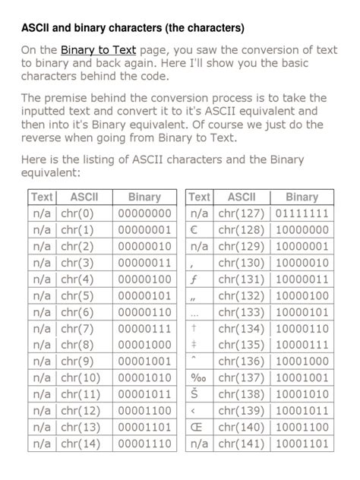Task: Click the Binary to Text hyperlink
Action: [x=98, y=51]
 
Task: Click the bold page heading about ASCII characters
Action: [x=133, y=28]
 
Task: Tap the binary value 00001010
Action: [x=144, y=378]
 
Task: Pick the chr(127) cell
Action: [x=241, y=214]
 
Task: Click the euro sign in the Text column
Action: [x=194, y=230]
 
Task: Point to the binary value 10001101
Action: [x=302, y=444]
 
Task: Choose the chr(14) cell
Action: [x=81, y=444]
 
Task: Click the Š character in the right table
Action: [x=194, y=394]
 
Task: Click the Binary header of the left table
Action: [x=144, y=197]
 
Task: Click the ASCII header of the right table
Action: [x=242, y=197]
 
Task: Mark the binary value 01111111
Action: [x=302, y=214]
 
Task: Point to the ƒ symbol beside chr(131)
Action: [x=194, y=279]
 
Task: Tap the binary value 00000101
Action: [x=144, y=296]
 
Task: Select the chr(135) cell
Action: [x=241, y=345]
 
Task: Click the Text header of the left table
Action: [x=43, y=197]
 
